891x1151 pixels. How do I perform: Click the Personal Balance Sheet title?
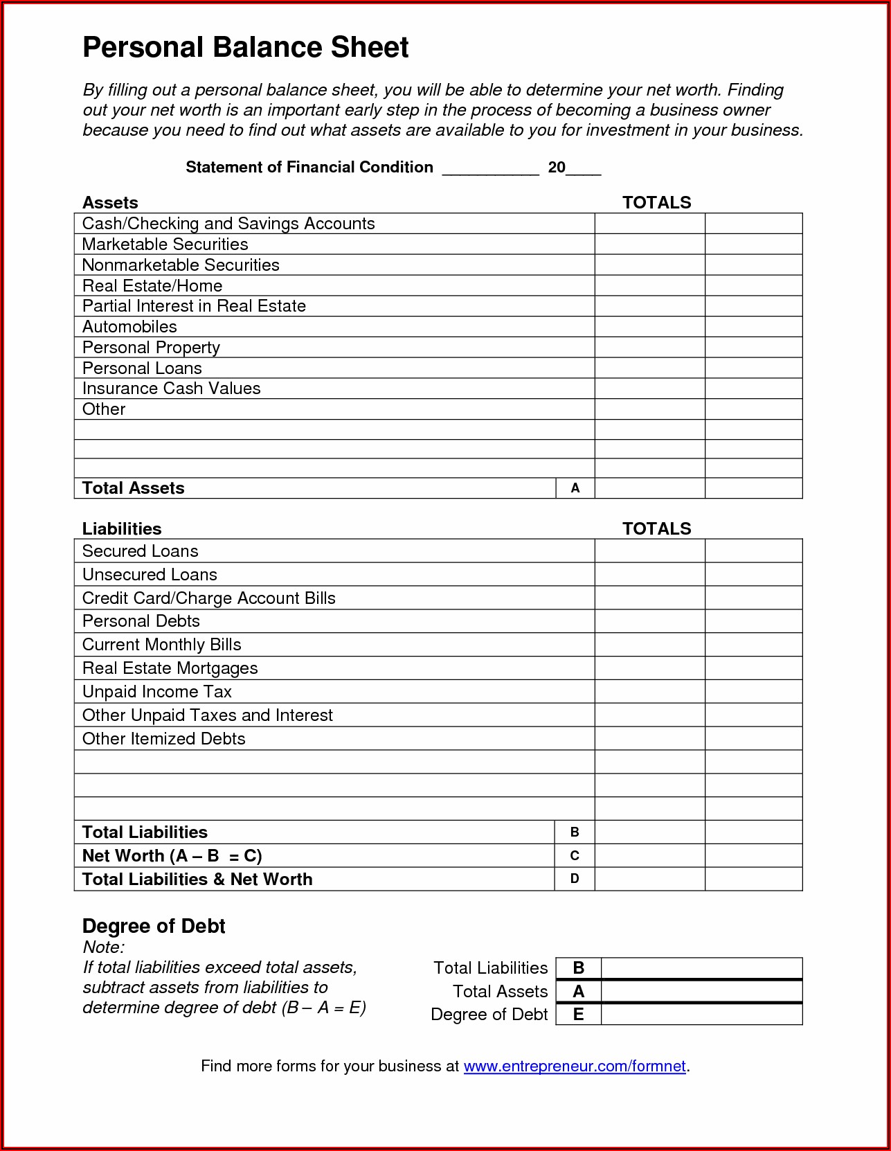(245, 48)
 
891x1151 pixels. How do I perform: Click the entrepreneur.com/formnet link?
(574, 1066)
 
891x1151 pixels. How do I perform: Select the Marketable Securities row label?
(165, 244)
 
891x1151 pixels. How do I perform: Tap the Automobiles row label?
(129, 327)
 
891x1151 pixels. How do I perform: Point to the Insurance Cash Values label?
(171, 389)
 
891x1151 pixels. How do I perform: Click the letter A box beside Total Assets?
(575, 488)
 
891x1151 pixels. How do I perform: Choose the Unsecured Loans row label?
(150, 575)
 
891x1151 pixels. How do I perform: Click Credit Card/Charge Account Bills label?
(208, 598)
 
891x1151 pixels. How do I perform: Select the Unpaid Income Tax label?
(156, 692)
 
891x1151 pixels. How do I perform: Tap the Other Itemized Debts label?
(163, 739)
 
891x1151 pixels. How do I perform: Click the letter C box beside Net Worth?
(575, 856)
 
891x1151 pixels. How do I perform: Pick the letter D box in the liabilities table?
(575, 879)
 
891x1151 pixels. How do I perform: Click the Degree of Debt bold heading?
(154, 927)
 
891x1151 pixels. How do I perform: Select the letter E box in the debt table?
(578, 1015)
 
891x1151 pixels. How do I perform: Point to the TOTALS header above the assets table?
(656, 203)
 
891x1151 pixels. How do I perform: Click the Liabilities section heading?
(122, 529)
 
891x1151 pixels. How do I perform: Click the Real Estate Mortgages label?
(170, 668)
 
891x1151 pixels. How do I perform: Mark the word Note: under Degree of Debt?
(103, 947)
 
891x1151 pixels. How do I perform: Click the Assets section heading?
(110, 203)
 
